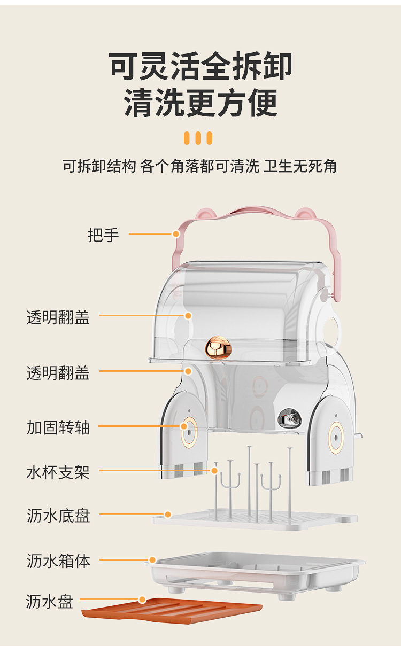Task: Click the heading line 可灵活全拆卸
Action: (x=201, y=67)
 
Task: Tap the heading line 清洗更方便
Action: (x=201, y=103)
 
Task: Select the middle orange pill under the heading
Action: (x=198, y=138)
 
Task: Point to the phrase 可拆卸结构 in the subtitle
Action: (x=99, y=166)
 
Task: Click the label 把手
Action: (x=103, y=235)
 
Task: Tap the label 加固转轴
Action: (x=58, y=427)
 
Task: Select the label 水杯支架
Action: (x=58, y=472)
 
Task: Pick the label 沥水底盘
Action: (x=58, y=515)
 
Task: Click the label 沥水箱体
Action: (x=58, y=561)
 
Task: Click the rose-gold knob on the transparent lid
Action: (x=219, y=347)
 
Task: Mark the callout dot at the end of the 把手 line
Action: (x=175, y=234)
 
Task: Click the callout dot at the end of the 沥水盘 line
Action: (x=142, y=600)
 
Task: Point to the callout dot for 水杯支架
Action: (x=214, y=471)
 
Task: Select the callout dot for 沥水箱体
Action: (x=152, y=560)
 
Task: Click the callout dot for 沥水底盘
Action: (x=168, y=515)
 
